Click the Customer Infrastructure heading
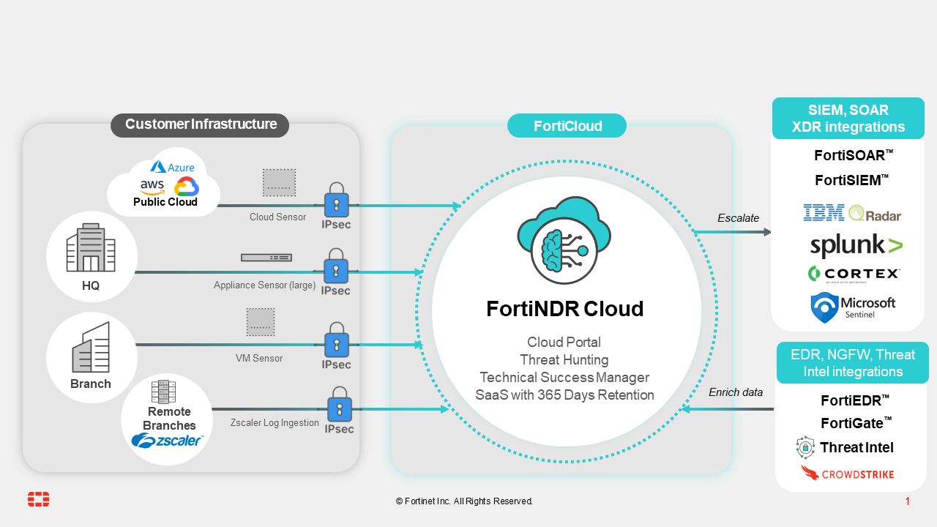point(200,124)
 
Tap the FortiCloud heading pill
point(567,126)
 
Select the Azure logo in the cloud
point(173,167)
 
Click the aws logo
point(152,186)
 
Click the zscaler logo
point(166,440)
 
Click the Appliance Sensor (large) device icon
point(266,258)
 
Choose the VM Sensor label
point(259,359)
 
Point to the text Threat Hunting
point(564,359)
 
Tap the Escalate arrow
point(732,232)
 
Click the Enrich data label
point(736,392)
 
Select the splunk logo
point(856,245)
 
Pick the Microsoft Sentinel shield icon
point(824,307)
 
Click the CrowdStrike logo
point(847,474)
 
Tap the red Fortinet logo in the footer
point(39,500)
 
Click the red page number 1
point(908,501)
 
